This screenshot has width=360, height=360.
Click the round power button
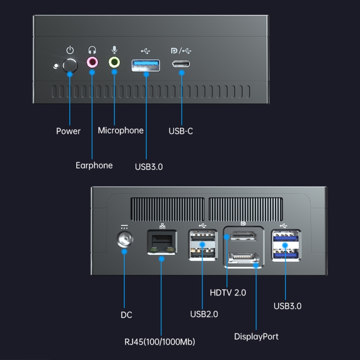pyautogui.click(x=71, y=65)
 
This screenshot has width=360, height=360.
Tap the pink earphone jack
pyautogui.click(x=92, y=62)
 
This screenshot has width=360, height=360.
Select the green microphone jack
pyautogui.click(x=114, y=62)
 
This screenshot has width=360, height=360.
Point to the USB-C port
pyautogui.click(x=181, y=64)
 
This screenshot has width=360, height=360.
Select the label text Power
pyautogui.click(x=68, y=131)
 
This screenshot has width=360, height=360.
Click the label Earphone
pyautogui.click(x=94, y=165)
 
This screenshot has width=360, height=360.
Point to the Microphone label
pyautogui.click(x=120, y=131)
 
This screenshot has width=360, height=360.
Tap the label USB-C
pyautogui.click(x=181, y=131)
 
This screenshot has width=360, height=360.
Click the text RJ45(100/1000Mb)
pyautogui.click(x=159, y=342)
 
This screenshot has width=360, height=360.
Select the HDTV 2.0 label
pyautogui.click(x=228, y=292)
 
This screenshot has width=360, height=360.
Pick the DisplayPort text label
pyautogui.click(x=256, y=336)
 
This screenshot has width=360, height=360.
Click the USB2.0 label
pyautogui.click(x=204, y=314)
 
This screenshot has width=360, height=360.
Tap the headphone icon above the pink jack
pyautogui.click(x=92, y=50)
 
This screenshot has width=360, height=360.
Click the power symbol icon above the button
pyautogui.click(x=71, y=50)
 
